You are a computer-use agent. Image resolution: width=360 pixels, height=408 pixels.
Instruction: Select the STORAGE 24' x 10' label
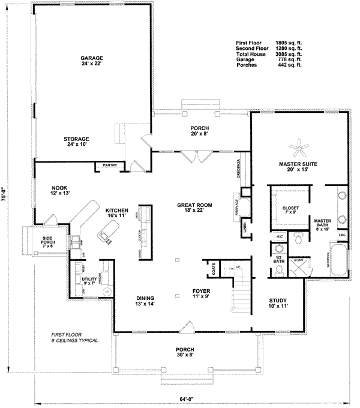pyautogui.click(x=76, y=142)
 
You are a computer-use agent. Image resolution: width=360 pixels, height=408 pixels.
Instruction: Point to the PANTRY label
pyautogui.click(x=109, y=164)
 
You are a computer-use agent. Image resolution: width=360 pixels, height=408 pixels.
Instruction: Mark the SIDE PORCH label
pyautogui.click(x=48, y=241)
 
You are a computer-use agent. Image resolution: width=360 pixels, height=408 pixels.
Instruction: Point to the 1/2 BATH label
pyautogui.click(x=278, y=259)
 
